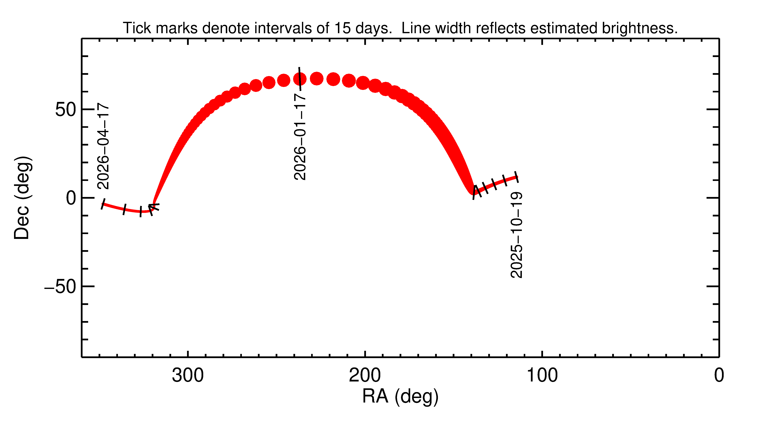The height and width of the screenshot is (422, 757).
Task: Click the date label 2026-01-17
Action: click(300, 137)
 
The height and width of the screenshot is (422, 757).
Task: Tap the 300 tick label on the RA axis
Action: click(188, 376)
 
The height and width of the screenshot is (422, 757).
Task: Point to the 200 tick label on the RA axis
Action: click(365, 376)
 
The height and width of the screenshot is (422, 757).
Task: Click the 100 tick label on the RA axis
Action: click(542, 376)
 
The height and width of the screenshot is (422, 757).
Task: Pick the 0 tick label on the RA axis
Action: click(719, 376)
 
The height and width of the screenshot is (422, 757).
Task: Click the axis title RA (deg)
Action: click(400, 396)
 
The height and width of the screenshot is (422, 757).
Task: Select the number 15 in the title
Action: click(342, 28)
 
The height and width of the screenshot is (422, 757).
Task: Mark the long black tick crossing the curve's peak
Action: click(300, 79)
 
